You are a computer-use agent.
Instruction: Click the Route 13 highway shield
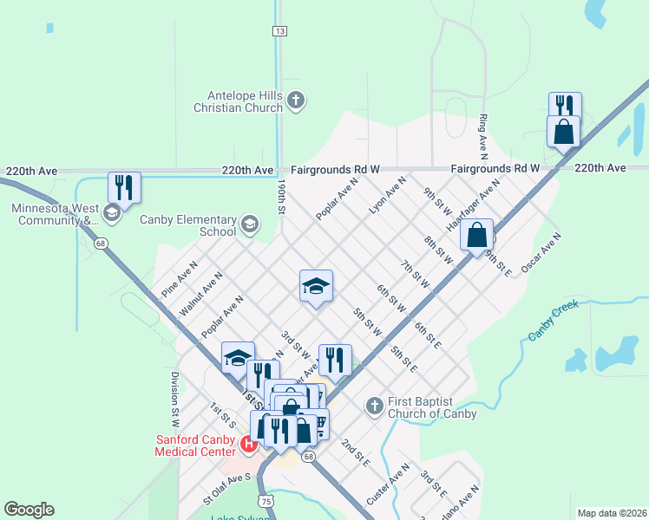[x=279, y=31]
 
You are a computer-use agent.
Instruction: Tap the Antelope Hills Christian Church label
[x=245, y=101]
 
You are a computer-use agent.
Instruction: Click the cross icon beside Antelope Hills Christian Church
[x=296, y=101]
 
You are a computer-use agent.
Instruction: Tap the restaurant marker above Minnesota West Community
[x=124, y=187]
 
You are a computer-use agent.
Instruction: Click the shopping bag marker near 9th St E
[x=477, y=235]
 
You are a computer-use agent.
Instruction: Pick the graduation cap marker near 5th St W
[x=317, y=286]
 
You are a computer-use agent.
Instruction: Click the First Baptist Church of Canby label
[x=433, y=406]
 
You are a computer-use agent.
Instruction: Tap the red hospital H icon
[x=248, y=444]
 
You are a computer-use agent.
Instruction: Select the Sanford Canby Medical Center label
[x=195, y=445]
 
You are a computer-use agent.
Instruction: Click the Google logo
[x=29, y=510]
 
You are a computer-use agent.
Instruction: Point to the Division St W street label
[x=174, y=398]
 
